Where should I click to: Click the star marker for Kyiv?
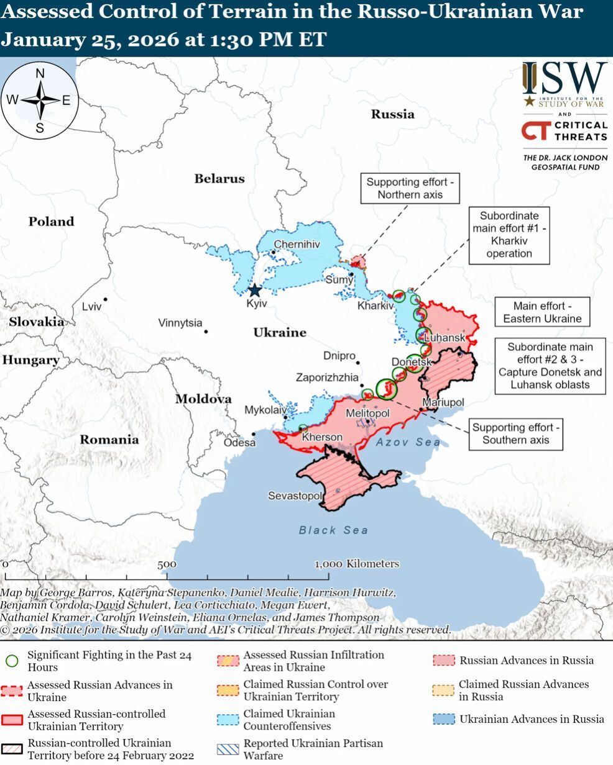[x=255, y=290]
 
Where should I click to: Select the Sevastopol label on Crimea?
[x=295, y=496]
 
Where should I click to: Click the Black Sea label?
[x=333, y=530]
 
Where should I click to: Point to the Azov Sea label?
[x=408, y=443]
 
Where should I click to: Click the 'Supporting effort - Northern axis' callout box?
[x=410, y=189]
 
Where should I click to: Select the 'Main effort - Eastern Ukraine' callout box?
[x=542, y=312]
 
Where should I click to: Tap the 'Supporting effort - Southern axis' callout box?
[x=515, y=433]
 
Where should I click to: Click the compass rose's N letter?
[x=40, y=74]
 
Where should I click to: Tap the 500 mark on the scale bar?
[x=167, y=564]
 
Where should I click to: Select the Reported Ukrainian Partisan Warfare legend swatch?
[x=227, y=749]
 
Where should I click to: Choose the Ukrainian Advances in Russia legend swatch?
[x=443, y=720]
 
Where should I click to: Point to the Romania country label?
[x=109, y=440]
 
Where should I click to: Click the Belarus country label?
[x=219, y=179]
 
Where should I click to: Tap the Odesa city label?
[x=240, y=443]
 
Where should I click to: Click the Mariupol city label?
[x=443, y=403]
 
